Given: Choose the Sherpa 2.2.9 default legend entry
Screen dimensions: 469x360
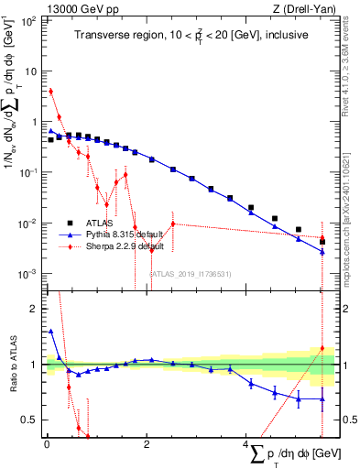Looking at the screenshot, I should pos(126,246).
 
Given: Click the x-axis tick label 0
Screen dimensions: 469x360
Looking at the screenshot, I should pos(46,445).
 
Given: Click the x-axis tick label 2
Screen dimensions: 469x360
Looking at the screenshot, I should pos(147,445).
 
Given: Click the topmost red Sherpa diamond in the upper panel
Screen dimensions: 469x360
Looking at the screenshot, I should pos(51,91).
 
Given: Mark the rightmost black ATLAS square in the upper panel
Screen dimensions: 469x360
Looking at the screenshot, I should pos(322,242).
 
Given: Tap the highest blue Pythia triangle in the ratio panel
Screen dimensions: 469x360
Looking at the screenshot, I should pos(51,331).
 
